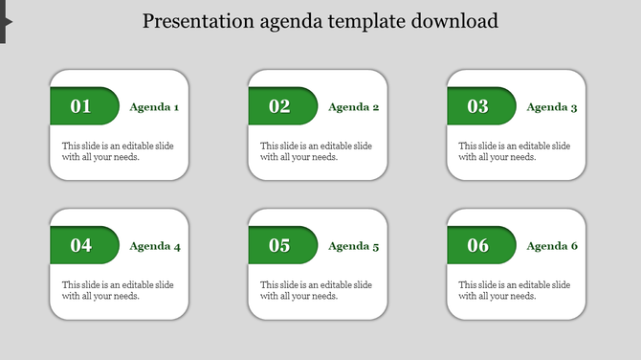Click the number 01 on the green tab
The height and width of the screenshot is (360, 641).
(81, 106)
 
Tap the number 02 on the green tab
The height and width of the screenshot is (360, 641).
(279, 106)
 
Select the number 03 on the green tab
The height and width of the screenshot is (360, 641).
(477, 106)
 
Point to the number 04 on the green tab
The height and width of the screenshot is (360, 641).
(81, 245)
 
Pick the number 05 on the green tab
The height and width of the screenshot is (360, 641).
(279, 245)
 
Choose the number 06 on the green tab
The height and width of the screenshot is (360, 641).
(477, 245)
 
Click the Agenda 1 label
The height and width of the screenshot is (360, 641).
(154, 107)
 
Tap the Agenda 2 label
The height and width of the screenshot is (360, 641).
(353, 107)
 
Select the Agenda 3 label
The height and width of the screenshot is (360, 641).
(552, 107)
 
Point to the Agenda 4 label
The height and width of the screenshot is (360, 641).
(154, 246)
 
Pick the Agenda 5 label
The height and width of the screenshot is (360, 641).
(353, 246)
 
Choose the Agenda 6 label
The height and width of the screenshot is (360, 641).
(552, 246)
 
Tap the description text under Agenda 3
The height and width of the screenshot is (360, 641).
(515, 151)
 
